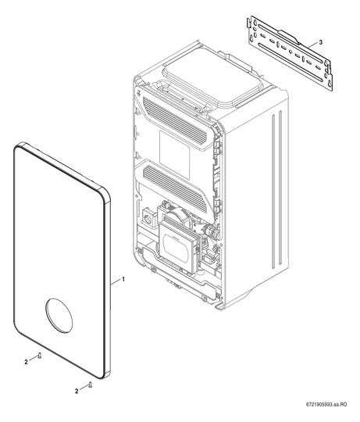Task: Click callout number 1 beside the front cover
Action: (x=123, y=280)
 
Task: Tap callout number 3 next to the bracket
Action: (x=320, y=42)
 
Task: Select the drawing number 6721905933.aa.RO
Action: (x=326, y=412)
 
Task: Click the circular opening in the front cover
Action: (x=59, y=316)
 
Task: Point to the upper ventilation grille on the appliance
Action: (x=175, y=120)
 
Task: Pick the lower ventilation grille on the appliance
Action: (x=175, y=188)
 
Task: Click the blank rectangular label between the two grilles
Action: (x=174, y=156)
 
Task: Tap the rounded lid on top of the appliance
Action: (x=212, y=80)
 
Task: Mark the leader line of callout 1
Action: (x=116, y=282)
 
